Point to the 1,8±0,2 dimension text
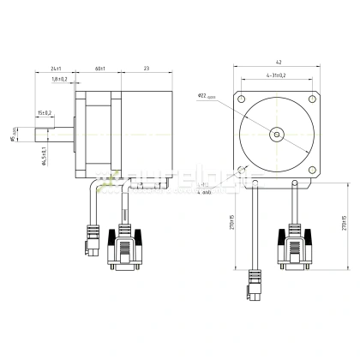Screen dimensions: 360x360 click(x=59, y=79)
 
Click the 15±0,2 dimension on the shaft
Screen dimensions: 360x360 click(x=45, y=112)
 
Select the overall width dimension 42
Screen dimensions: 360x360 click(x=279, y=63)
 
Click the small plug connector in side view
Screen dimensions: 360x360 click(x=91, y=239)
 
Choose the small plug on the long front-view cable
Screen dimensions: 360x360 click(x=255, y=287)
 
